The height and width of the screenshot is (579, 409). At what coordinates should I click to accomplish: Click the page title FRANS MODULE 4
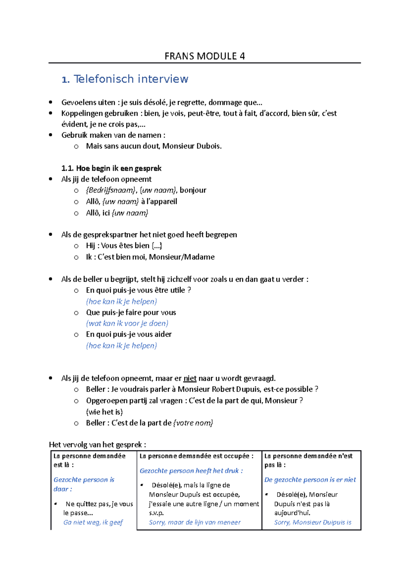[x=204, y=56]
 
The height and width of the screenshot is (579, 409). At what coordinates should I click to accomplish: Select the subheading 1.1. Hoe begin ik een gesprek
[x=111, y=168]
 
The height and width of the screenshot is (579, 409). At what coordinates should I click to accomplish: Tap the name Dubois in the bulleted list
[x=209, y=146]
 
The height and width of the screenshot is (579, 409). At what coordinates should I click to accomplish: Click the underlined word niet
[x=190, y=378]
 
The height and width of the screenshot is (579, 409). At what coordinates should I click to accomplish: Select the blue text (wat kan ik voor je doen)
[x=127, y=323]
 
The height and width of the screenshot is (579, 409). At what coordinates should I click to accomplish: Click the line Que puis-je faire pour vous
[x=131, y=312]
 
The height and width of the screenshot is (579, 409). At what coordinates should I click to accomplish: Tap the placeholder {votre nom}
[x=193, y=423]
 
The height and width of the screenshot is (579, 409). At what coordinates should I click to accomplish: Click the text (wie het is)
[x=104, y=412]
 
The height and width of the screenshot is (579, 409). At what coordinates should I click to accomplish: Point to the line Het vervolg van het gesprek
[x=97, y=445]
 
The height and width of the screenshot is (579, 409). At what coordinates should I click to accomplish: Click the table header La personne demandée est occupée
[x=196, y=456]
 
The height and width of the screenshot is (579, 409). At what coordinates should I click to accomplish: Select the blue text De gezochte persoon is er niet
[x=310, y=480]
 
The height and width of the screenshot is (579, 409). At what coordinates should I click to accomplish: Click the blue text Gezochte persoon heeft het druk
[x=191, y=471]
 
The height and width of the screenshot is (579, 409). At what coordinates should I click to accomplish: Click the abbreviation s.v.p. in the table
[x=156, y=513]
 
